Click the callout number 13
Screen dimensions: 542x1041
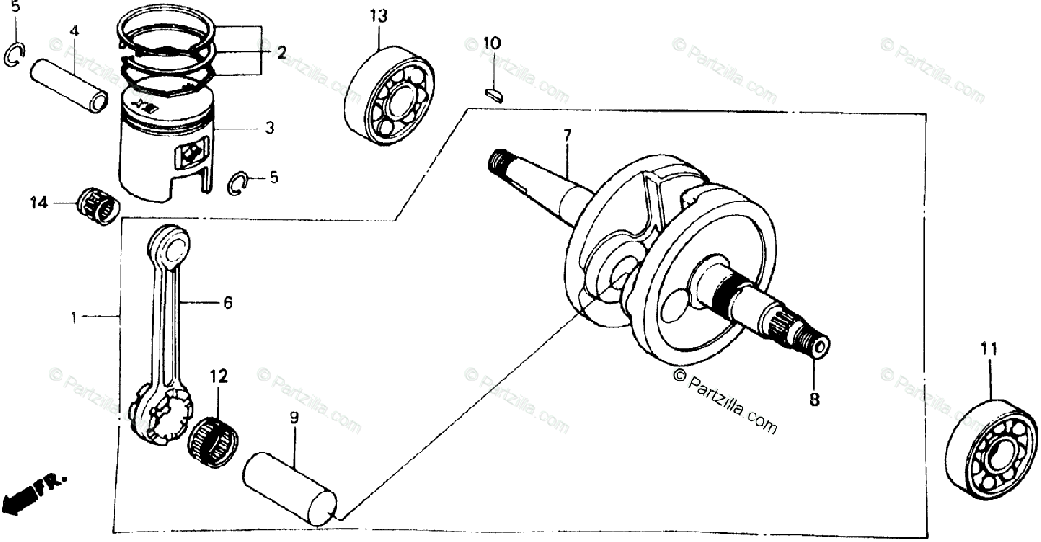click(378, 17)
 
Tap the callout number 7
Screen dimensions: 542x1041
click(566, 135)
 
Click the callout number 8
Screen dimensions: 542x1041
click(814, 400)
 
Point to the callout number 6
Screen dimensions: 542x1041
click(227, 303)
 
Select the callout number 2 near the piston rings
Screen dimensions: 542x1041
click(281, 53)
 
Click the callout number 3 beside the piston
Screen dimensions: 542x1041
click(270, 129)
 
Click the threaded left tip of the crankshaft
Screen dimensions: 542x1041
click(499, 160)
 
